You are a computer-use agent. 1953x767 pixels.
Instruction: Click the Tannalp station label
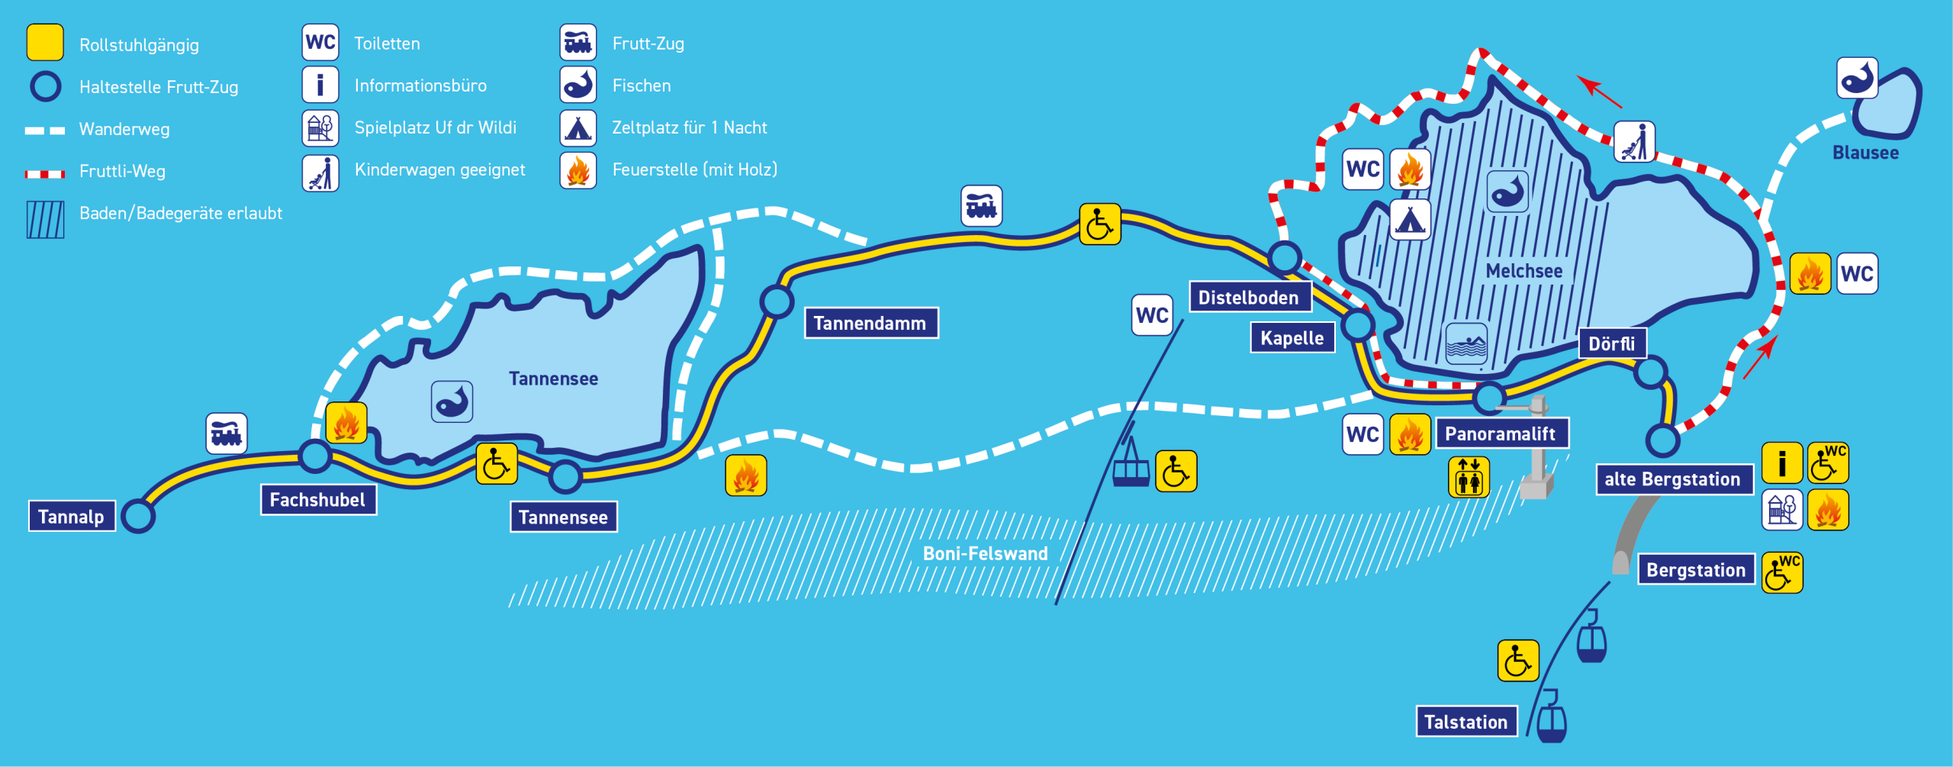coord(72,517)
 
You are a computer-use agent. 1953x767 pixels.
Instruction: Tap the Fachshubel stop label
coord(318,500)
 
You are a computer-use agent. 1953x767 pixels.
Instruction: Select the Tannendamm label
coord(870,323)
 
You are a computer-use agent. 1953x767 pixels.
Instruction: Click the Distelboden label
coord(1249,297)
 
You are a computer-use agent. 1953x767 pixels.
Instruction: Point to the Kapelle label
coord(1292,338)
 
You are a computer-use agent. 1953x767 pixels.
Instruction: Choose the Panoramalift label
coord(1501,433)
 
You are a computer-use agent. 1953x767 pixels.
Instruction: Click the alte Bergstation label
coord(1673,479)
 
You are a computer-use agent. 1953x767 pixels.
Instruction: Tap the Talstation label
coord(1466,722)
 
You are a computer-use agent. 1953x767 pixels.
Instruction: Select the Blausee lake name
coord(1866,153)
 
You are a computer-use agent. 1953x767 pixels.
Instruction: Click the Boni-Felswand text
coord(986,553)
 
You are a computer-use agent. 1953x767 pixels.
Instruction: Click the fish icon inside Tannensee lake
coord(452,402)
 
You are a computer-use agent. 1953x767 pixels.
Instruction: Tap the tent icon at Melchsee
coord(1410,220)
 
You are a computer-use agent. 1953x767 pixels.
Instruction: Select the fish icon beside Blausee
coord(1858,78)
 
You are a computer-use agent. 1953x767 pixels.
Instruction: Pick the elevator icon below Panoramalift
coord(1469,477)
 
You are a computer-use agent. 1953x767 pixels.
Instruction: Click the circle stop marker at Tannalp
coord(138,517)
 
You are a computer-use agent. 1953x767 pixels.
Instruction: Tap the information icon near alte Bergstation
coord(1782,463)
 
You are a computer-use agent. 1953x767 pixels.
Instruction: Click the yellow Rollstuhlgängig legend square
coord(45,43)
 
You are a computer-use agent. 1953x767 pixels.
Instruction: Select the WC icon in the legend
coord(320,43)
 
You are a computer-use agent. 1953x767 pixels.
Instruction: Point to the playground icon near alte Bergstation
coord(1782,510)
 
